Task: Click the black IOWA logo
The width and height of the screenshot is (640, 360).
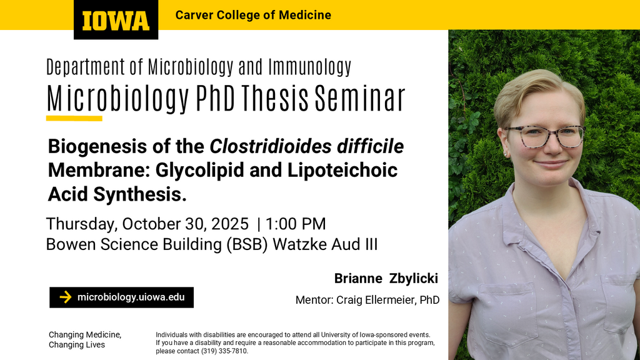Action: click(116, 19)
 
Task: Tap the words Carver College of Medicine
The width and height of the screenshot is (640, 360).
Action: click(253, 15)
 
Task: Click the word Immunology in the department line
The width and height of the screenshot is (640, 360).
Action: click(310, 67)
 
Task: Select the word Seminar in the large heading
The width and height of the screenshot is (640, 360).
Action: click(360, 98)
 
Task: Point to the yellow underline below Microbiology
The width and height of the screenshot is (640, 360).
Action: click(74, 118)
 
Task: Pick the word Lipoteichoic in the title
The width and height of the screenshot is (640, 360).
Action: click(342, 170)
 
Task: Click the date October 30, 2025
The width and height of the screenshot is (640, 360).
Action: click(185, 224)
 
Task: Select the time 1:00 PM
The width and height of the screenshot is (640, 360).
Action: click(296, 224)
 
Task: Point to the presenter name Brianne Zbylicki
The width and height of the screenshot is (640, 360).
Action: click(386, 278)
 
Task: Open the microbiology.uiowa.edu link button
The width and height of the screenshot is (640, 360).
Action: click(122, 297)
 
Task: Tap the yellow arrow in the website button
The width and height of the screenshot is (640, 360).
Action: click(65, 297)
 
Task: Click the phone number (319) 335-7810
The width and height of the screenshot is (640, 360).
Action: click(224, 351)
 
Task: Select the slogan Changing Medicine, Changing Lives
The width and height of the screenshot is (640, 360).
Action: click(85, 339)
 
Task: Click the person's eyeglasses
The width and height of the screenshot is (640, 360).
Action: click(545, 136)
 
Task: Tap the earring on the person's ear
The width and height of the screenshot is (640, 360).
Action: click(505, 154)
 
